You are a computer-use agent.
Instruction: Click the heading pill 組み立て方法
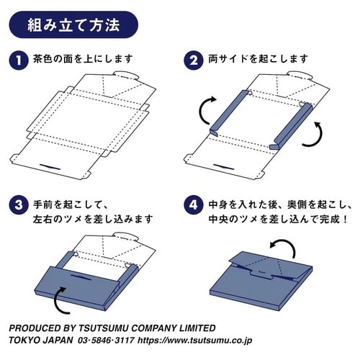click(x=73, y=24)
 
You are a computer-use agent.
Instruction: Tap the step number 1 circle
click(x=19, y=60)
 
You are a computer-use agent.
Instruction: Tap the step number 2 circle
click(x=194, y=60)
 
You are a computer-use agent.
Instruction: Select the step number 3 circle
click(x=19, y=205)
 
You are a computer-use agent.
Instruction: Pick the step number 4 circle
click(x=194, y=205)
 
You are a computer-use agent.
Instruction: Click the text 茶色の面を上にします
click(x=83, y=59)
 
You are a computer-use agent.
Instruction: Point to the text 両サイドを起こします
click(x=258, y=59)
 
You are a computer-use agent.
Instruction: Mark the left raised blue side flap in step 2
click(x=229, y=112)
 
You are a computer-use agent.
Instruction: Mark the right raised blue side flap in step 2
click(x=292, y=126)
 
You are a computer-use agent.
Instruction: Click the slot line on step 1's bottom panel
click(x=50, y=167)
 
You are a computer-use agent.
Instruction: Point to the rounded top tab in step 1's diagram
click(x=126, y=75)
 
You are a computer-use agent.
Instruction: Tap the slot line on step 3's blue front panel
click(x=81, y=277)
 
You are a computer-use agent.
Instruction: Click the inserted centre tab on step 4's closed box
click(x=261, y=274)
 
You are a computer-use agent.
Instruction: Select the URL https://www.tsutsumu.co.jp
click(x=195, y=341)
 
